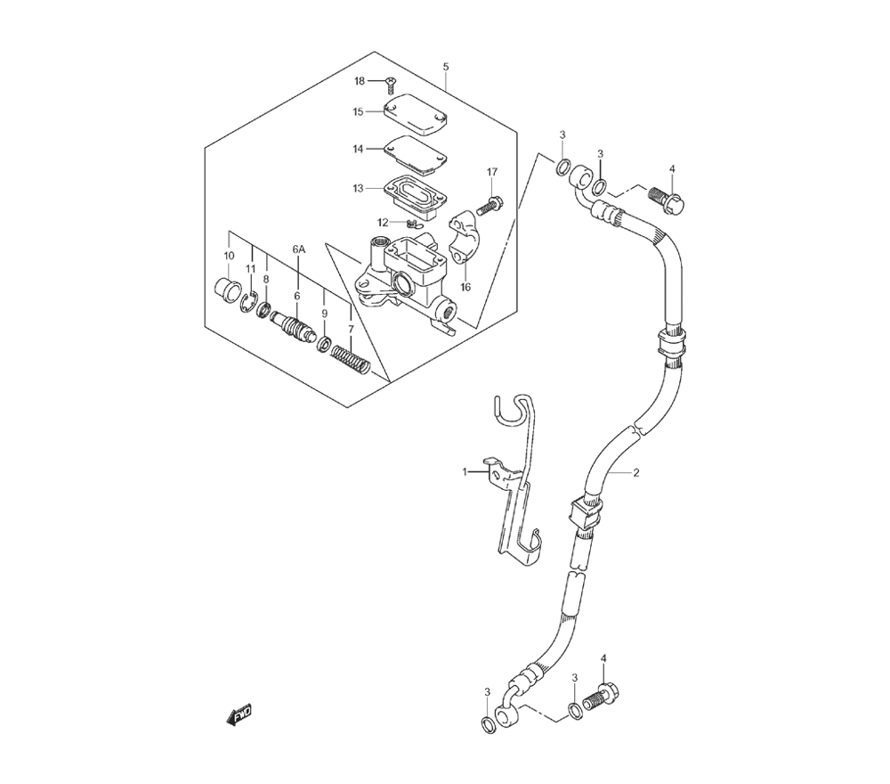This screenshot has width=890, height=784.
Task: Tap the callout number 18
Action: point(360,81)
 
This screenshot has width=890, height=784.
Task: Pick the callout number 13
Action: point(358,188)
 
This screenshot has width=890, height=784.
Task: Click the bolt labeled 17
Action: point(489,205)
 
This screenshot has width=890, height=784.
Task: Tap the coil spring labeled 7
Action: point(351,360)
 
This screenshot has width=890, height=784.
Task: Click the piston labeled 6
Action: point(291,327)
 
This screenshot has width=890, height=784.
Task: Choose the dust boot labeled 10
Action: point(228,289)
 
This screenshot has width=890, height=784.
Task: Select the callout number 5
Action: point(446,67)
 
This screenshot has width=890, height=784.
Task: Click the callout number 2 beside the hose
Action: point(636,473)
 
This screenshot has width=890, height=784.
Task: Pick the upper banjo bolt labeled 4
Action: point(667,200)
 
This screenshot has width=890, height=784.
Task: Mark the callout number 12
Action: point(383,222)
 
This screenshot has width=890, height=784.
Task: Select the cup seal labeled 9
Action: point(324,344)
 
